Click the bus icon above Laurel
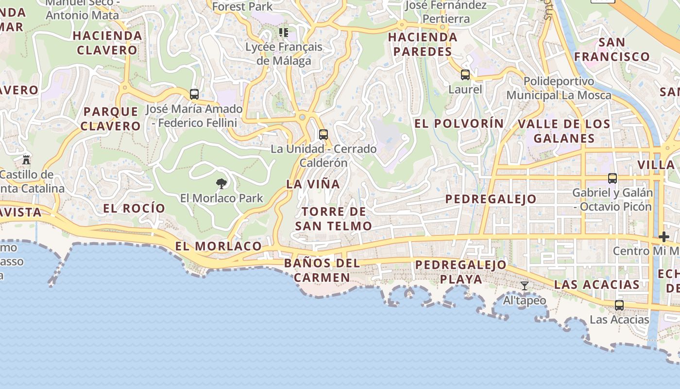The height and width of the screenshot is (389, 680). [465, 75]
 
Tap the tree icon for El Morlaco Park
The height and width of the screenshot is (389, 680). [221, 183]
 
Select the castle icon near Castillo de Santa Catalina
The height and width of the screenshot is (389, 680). [26, 159]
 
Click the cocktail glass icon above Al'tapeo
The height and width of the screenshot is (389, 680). [525, 286]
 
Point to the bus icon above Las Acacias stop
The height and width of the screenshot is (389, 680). [619, 305]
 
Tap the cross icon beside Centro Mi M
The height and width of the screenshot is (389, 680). [664, 237]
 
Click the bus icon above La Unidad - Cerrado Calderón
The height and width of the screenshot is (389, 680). [323, 135]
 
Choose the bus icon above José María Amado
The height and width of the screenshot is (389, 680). [194, 94]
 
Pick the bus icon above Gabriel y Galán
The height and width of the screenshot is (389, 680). [612, 178]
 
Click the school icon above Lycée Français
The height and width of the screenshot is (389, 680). [284, 33]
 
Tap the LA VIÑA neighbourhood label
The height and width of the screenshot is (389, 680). [313, 184]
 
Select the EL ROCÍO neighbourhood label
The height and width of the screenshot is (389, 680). [134, 208]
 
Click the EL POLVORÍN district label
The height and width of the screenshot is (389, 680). [459, 124]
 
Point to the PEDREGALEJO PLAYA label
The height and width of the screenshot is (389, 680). [461, 272]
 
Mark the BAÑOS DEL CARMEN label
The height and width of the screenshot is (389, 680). [322, 270]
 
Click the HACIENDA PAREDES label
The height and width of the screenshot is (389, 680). [423, 44]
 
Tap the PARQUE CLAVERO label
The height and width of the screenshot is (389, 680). [110, 119]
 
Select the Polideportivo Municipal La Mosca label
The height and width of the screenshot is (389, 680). [559, 88]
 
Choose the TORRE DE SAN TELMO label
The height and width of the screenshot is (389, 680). [334, 219]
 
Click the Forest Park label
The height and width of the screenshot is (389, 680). [242, 6]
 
